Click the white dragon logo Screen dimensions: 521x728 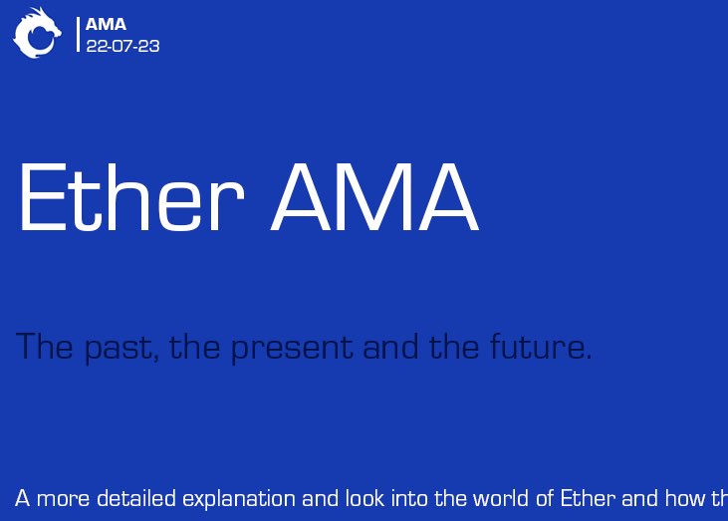click(36, 33)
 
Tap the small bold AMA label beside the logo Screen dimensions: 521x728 click(106, 25)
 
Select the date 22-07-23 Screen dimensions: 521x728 click(122, 46)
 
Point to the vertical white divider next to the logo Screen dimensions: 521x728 click(78, 34)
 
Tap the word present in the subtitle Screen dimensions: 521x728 click(293, 349)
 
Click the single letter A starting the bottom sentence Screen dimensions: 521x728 click(23, 498)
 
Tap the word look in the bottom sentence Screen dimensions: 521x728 click(364, 498)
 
